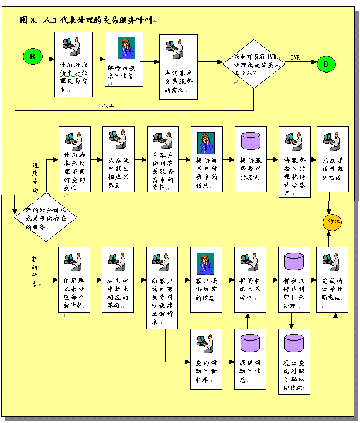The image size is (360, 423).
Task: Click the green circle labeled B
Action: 33,56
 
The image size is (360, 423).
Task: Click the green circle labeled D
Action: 327,64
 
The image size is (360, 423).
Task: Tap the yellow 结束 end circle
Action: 332,223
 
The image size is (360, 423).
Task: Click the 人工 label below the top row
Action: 108,106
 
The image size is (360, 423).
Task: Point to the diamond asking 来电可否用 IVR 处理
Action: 253,63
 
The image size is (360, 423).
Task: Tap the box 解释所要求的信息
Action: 125,59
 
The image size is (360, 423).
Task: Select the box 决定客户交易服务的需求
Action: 179,67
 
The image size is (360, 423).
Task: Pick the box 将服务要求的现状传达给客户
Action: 294,161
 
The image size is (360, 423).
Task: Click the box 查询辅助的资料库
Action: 206,359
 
